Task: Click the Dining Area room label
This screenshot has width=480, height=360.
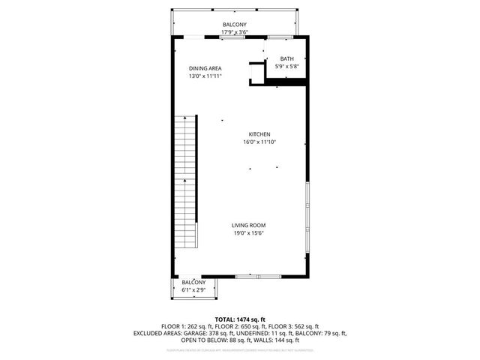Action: coord(205,68)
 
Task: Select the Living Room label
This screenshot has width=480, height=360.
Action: coord(248,225)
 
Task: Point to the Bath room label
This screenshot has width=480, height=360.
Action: coord(287,58)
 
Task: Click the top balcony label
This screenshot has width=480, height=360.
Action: coord(234,25)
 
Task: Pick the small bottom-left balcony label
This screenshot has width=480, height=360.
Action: coord(193,282)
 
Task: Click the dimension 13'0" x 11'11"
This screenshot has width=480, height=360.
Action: coord(205,76)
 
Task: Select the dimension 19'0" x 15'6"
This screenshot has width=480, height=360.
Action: coord(248,232)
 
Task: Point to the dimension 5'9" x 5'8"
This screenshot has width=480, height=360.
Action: coord(287,67)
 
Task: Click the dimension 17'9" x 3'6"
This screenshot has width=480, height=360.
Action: coord(234,32)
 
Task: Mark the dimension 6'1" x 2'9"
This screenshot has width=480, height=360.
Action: coord(193,289)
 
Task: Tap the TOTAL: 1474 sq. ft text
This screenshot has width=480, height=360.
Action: coord(240,319)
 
